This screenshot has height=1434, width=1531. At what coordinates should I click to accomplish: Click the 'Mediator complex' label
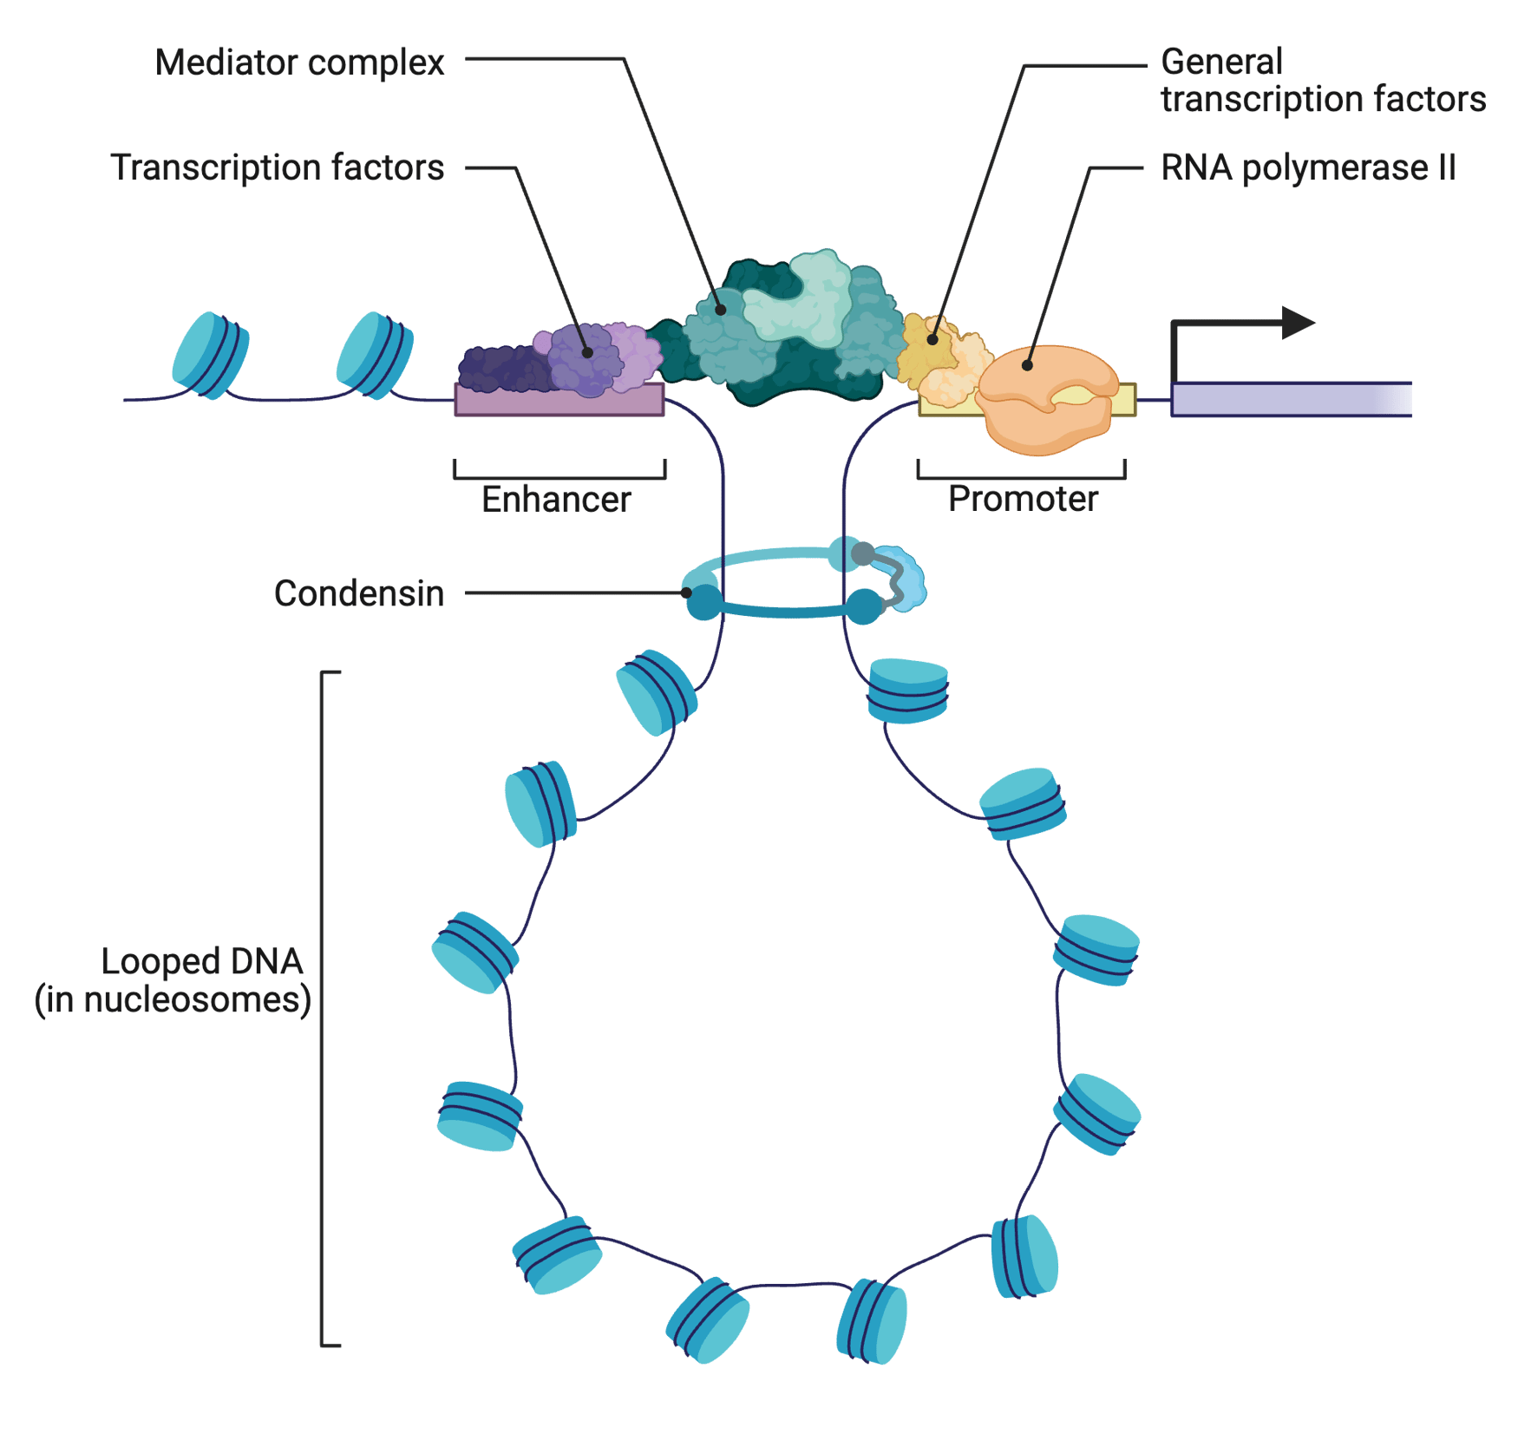click(x=299, y=62)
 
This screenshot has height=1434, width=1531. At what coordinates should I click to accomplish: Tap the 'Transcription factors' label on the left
click(x=277, y=167)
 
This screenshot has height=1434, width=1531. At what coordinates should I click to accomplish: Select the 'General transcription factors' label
click(x=1322, y=81)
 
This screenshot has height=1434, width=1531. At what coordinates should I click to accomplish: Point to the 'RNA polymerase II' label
click(x=1307, y=167)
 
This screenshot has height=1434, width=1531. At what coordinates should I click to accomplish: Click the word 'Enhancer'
click(x=556, y=500)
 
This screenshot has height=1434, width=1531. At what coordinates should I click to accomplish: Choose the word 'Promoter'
click(x=1023, y=499)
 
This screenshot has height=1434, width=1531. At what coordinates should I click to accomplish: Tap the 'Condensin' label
click(x=359, y=593)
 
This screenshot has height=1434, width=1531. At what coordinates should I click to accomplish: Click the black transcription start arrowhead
click(x=1298, y=324)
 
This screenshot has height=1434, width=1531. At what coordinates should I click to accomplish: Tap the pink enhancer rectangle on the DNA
click(x=559, y=401)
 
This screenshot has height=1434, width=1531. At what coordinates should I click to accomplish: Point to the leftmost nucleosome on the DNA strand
click(x=210, y=355)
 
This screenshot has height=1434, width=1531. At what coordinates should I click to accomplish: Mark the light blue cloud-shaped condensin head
click(x=906, y=579)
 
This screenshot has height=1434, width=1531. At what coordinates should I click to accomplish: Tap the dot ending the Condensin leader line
click(x=686, y=593)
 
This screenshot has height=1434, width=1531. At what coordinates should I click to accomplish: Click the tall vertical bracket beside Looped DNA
click(x=323, y=1006)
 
